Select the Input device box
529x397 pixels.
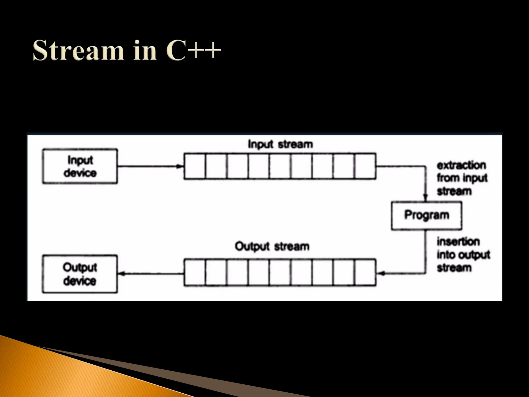80,166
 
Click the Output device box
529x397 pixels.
80,274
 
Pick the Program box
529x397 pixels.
426,215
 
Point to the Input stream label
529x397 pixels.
280,144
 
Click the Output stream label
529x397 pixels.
272,246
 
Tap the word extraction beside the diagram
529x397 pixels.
461,165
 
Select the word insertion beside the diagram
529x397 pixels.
458,242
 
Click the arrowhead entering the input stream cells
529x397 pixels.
180,166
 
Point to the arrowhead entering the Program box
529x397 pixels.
425,198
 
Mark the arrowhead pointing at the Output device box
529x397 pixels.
121,273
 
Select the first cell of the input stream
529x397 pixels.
195,166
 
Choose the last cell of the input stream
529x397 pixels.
365,166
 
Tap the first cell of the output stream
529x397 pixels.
195,273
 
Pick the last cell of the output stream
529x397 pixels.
365,273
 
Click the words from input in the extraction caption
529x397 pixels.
462,178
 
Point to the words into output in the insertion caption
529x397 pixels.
463,255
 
